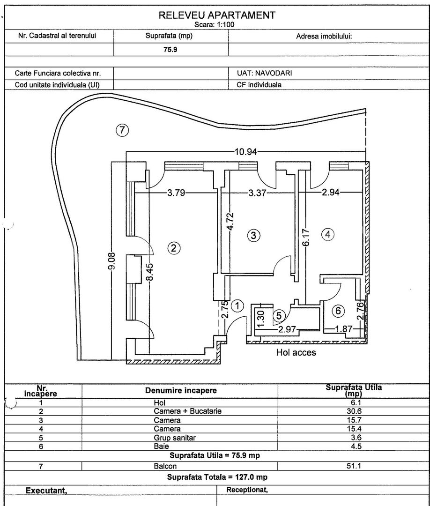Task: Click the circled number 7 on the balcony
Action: [x=122, y=130]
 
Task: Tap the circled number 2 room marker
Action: [x=174, y=248]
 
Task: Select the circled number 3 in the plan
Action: [x=253, y=235]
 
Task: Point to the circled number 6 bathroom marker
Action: [x=338, y=311]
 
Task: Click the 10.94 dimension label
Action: [x=246, y=152]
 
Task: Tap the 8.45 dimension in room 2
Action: [x=150, y=273]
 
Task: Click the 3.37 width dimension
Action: [x=258, y=193]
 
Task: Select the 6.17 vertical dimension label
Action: [x=306, y=237]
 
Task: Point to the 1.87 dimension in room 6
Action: [x=343, y=329]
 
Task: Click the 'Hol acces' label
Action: [x=296, y=352]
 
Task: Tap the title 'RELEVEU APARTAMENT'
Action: [x=217, y=15]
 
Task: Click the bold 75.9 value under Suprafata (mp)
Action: [x=171, y=50]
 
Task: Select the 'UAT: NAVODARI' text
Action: [x=264, y=73]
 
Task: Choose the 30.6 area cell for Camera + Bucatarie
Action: [x=354, y=411]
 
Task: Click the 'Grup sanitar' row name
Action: [x=175, y=438]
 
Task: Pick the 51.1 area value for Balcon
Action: [x=354, y=466]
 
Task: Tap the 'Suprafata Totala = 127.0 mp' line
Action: [x=217, y=477]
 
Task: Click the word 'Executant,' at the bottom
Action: [x=46, y=491]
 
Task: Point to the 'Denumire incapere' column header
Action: [x=181, y=390]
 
